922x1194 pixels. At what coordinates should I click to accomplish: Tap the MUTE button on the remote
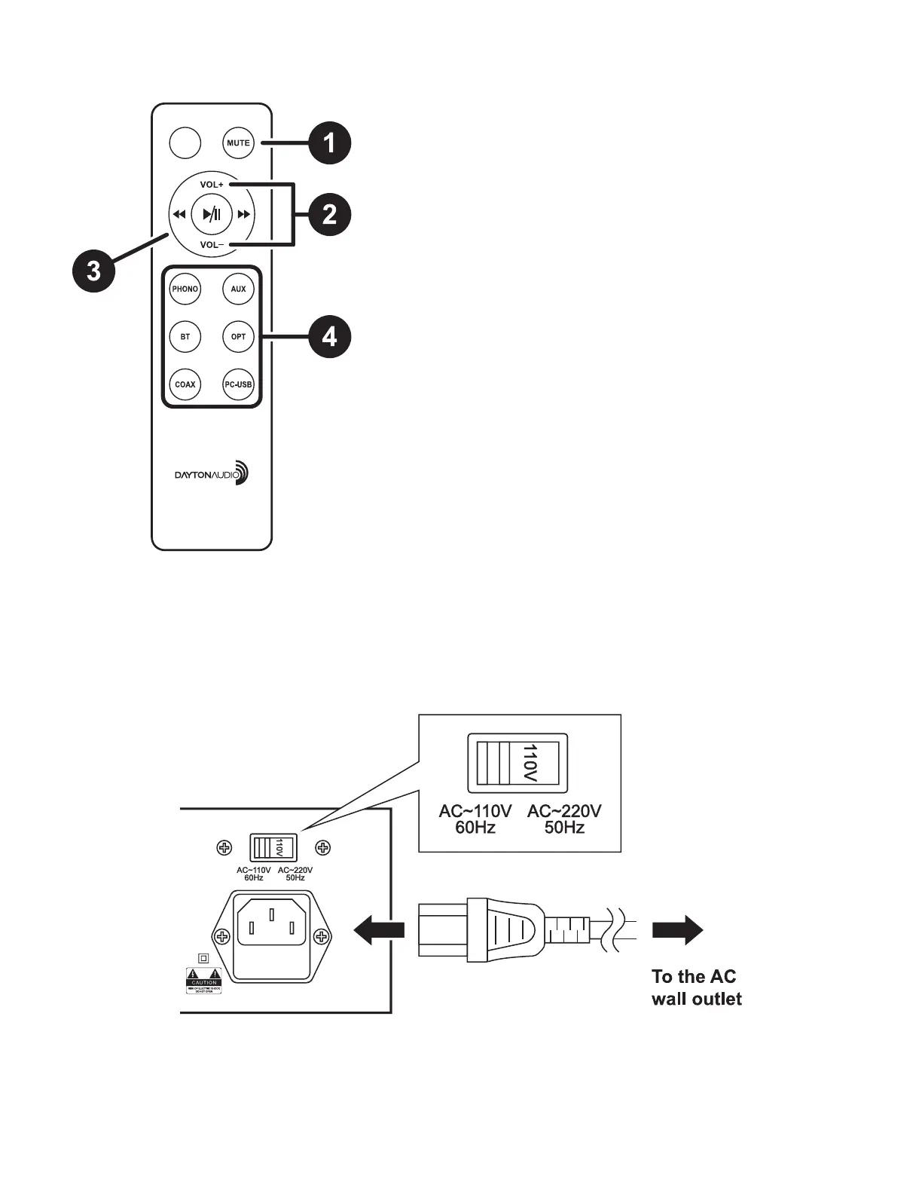(238, 143)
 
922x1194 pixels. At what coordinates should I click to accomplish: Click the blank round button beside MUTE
(185, 143)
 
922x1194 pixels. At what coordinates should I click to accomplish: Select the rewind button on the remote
(179, 215)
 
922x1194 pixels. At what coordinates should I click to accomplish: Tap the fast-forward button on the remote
(243, 215)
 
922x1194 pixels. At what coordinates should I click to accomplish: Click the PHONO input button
(185, 289)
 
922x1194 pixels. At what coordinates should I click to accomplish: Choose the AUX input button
(238, 289)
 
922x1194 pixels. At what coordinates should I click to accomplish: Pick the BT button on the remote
(185, 337)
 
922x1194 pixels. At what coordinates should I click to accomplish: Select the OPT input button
(238, 337)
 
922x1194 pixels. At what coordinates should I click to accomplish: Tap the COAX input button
(185, 384)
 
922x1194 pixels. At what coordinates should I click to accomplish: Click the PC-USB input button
(238, 384)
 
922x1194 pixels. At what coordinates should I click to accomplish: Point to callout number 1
(330, 142)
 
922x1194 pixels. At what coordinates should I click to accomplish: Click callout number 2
(330, 215)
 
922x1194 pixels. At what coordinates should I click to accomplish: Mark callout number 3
(93, 270)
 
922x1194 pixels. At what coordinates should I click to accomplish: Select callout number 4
(330, 337)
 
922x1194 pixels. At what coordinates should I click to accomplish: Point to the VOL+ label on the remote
(212, 185)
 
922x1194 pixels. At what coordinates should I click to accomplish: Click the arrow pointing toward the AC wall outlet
(677, 931)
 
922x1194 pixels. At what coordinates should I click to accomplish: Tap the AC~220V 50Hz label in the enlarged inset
(564, 819)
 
